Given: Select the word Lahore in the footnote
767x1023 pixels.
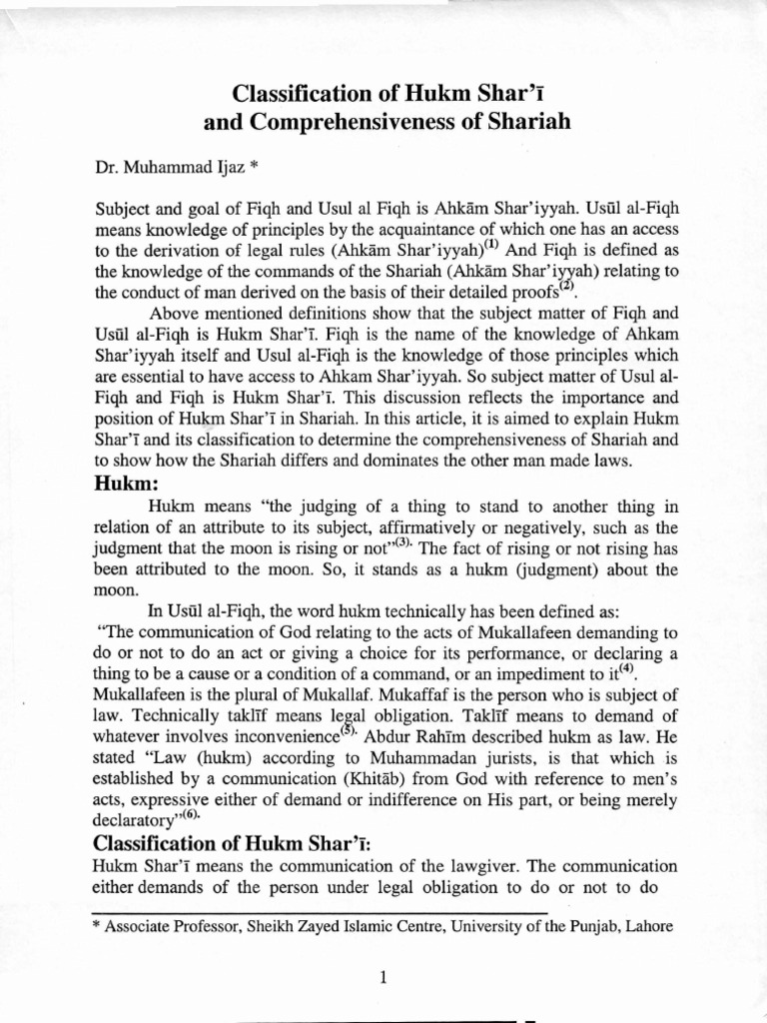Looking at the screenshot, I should pyautogui.click(x=650, y=925).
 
